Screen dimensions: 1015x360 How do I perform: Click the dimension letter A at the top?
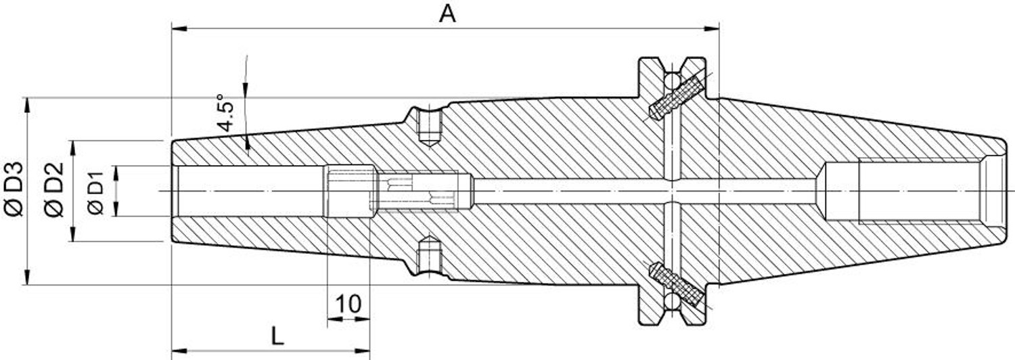(x=447, y=14)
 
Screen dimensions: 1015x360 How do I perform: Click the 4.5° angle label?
(x=225, y=113)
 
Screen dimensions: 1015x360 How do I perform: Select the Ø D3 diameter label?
(x=13, y=189)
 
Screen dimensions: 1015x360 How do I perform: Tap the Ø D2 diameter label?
(x=54, y=189)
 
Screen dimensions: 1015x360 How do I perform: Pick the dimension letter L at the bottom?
(x=277, y=336)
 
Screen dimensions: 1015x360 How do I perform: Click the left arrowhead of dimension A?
(x=179, y=29)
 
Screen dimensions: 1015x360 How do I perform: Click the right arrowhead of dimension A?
(x=712, y=29)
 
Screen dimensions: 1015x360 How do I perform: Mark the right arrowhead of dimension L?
(x=362, y=351)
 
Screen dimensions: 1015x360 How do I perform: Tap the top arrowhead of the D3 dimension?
(x=27, y=105)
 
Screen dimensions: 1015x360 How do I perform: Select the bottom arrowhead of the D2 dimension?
(x=72, y=234)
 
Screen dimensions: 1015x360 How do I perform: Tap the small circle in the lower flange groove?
(x=672, y=301)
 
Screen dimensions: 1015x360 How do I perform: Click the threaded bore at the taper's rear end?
(x=920, y=190)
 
